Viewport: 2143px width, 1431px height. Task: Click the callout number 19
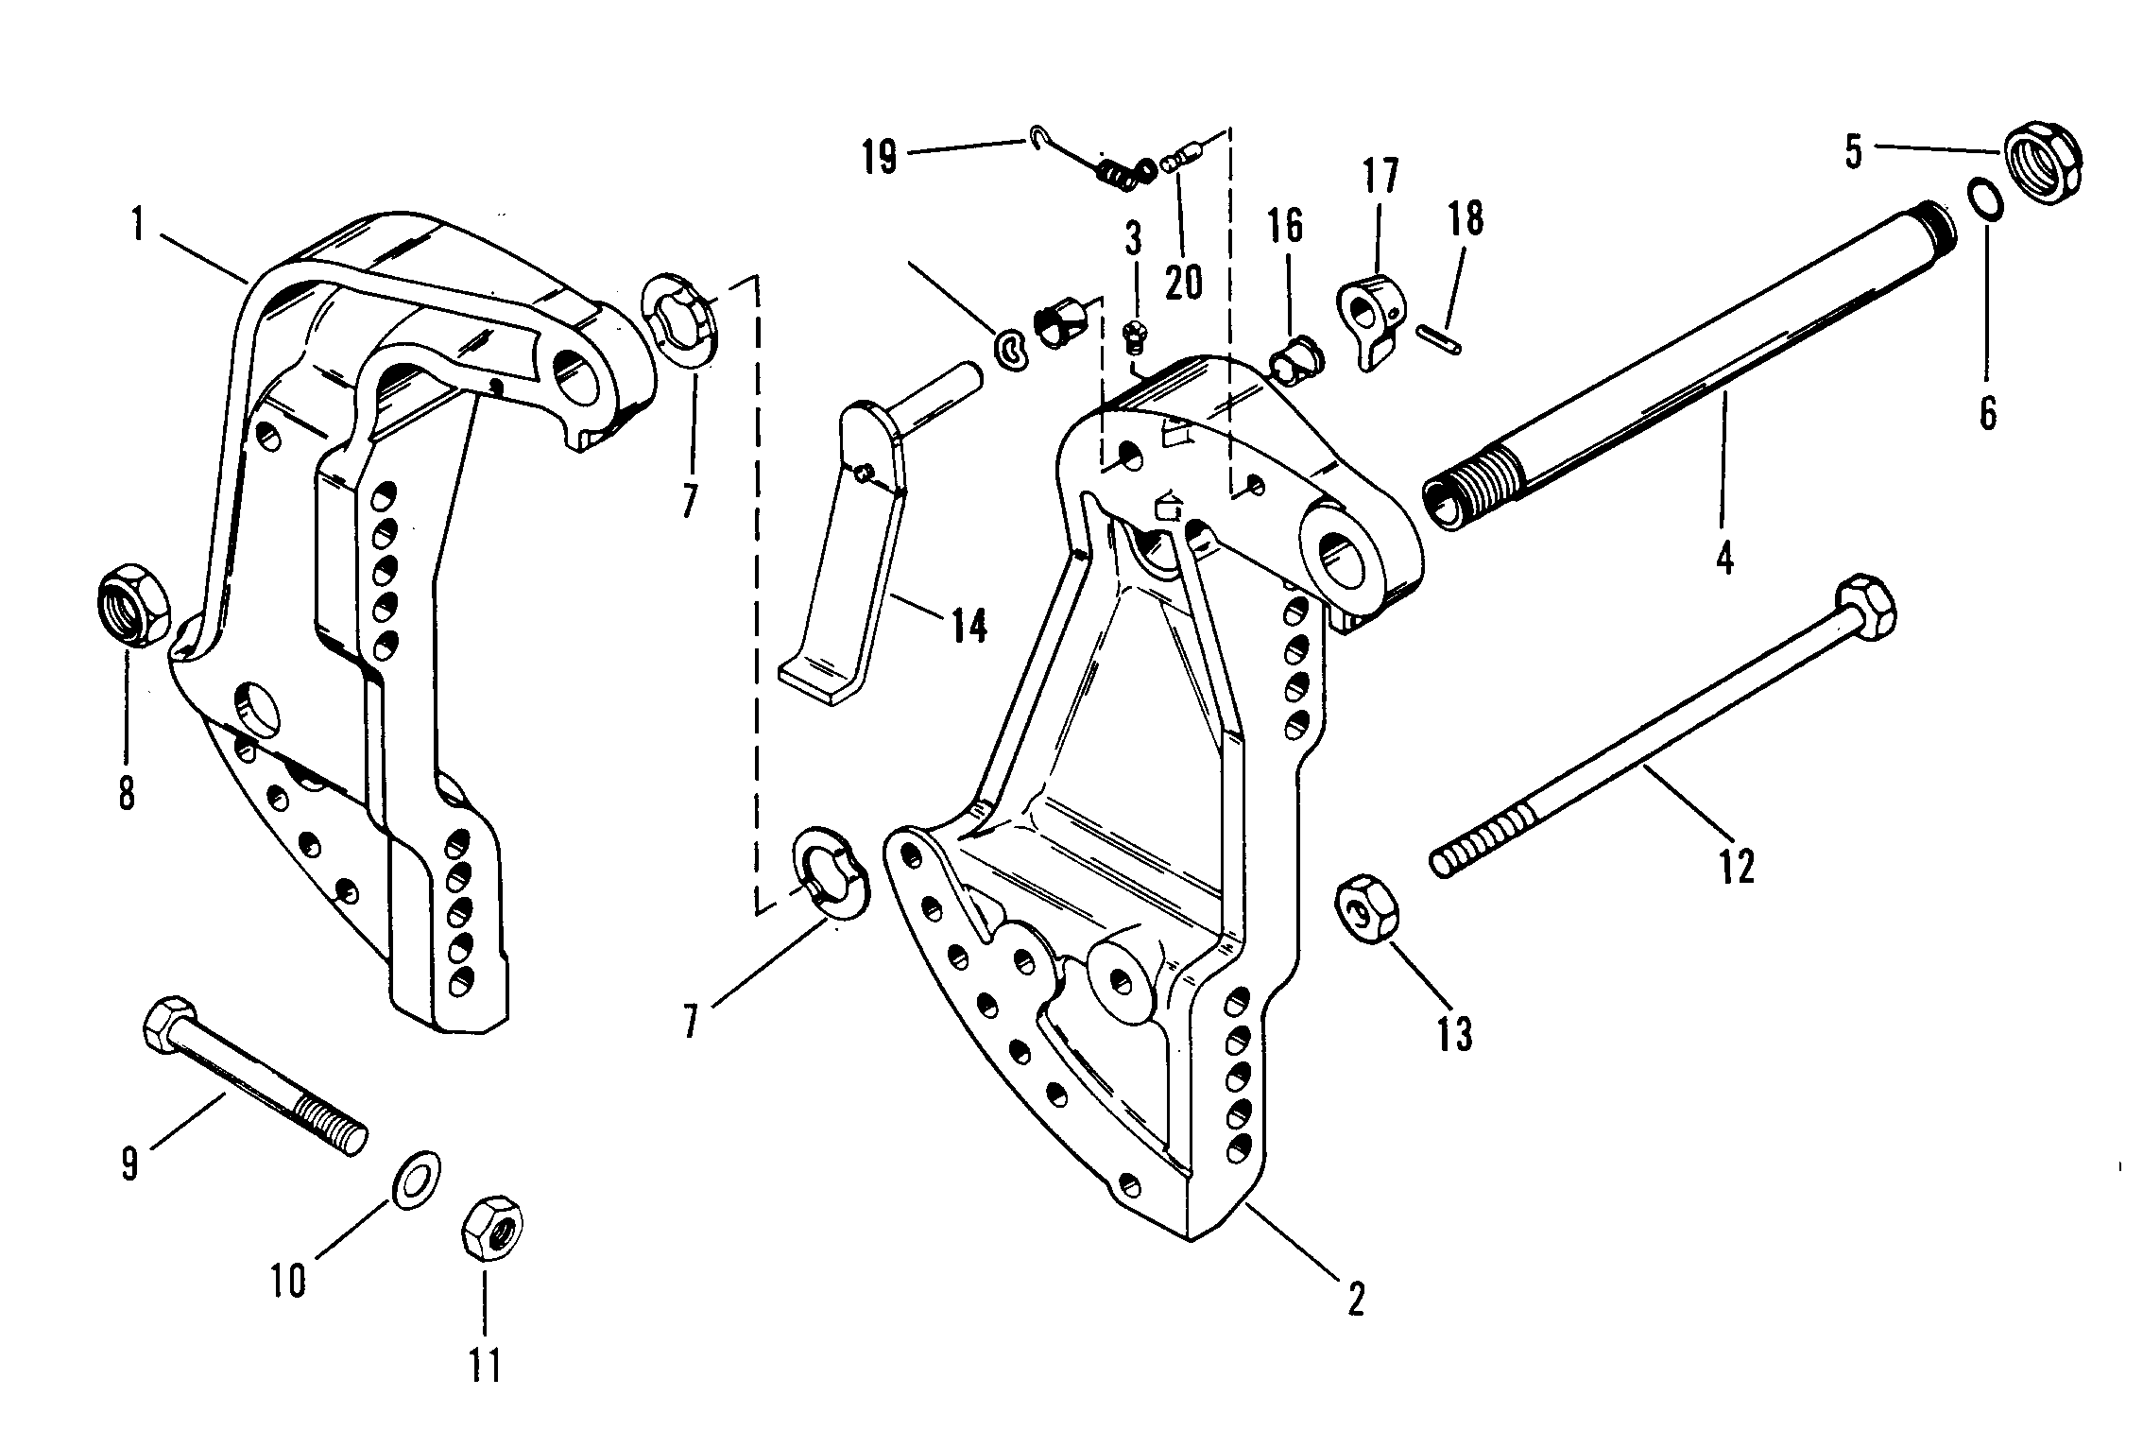click(x=880, y=156)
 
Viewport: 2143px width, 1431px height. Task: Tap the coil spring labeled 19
click(x=1126, y=173)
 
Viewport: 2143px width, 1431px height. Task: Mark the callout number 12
click(x=1737, y=865)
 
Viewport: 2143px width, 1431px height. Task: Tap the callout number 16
click(x=1286, y=226)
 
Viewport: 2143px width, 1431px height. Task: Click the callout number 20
click(x=1184, y=281)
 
